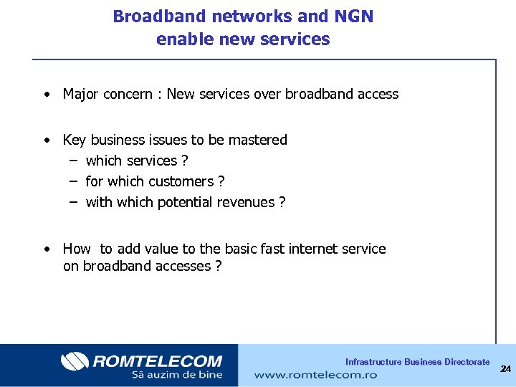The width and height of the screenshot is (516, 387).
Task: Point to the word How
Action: [x=77, y=249]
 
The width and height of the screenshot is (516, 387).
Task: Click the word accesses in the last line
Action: [x=180, y=266]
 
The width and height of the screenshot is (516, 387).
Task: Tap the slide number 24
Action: [x=505, y=369]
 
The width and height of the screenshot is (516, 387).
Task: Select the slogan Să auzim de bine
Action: [x=177, y=374]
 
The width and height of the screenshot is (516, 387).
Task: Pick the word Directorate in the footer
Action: [x=467, y=362]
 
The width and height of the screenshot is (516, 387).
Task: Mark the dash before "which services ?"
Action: [x=73, y=161]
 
